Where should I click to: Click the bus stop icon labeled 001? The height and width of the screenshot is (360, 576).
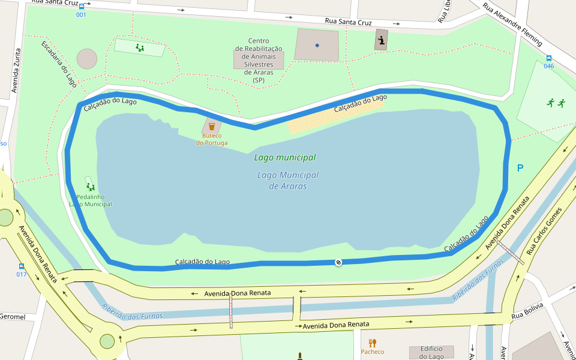point(81,6)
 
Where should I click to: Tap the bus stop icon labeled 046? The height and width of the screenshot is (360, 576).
point(548,58)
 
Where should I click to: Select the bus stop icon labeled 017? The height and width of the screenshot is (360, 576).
point(22,266)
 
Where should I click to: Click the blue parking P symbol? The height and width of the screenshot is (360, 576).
point(520,168)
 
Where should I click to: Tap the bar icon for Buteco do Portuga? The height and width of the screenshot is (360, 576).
point(211,127)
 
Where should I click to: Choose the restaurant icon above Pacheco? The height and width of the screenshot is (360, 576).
point(372,343)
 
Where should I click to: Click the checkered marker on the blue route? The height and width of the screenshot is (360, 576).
point(338,262)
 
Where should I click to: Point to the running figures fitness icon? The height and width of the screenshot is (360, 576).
point(556,103)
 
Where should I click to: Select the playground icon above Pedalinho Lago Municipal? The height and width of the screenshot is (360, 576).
point(90,187)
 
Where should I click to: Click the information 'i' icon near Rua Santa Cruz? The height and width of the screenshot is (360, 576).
point(381,40)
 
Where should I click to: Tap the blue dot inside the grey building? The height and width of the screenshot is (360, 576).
point(317,45)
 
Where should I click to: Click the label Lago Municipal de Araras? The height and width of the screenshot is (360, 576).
point(287,181)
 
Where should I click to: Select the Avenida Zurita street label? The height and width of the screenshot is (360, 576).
point(16,71)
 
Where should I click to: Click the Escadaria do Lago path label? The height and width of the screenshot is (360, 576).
point(59,64)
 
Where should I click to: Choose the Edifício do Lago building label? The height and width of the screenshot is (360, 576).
point(431,352)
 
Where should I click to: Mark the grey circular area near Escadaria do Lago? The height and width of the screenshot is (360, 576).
point(87,59)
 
